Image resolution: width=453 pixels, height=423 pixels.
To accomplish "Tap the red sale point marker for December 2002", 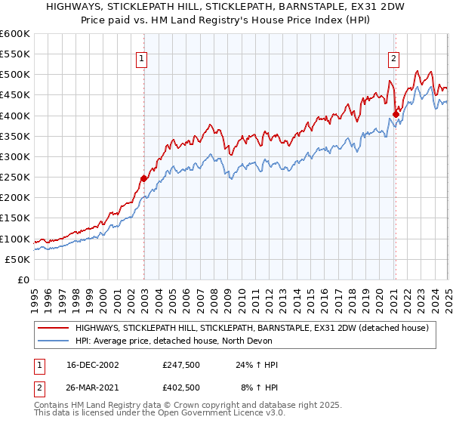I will pyautogui.click(x=143, y=178).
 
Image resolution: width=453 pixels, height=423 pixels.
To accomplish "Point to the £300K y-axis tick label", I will pyautogui.click(x=16, y=157).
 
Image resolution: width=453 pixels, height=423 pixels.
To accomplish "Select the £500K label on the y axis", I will pyautogui.click(x=16, y=75).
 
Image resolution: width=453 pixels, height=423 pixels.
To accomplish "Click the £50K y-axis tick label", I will pyautogui.click(x=19, y=259).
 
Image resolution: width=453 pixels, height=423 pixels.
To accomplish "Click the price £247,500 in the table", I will pyautogui.click(x=181, y=365).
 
